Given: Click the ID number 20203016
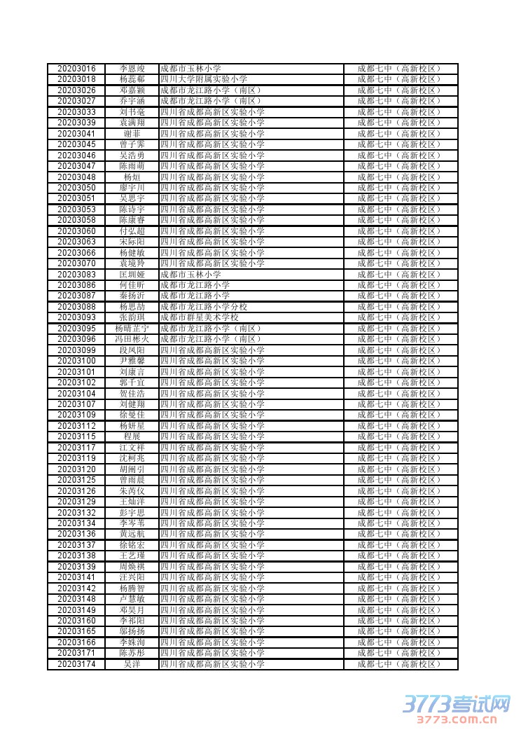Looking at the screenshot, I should (76, 69).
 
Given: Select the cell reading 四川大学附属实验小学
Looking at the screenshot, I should (204, 79).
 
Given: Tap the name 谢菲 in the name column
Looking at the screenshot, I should (132, 134).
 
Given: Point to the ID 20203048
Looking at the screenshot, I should (76, 177).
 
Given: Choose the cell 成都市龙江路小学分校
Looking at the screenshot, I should (204, 307).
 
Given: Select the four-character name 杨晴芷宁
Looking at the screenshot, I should (132, 329).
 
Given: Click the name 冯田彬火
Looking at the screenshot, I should (132, 339).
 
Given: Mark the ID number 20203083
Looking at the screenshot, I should (76, 275).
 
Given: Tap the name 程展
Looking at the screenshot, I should (132, 436).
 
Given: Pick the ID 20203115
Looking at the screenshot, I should (76, 436).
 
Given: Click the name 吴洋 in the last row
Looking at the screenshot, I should (132, 664).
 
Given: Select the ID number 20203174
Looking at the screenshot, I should (76, 664).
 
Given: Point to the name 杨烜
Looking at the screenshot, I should (132, 177).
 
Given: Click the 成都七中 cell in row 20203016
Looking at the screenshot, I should (399, 69).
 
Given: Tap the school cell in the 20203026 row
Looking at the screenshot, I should (210, 90).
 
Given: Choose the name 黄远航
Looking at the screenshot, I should (132, 534).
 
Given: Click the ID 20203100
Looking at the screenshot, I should (76, 361).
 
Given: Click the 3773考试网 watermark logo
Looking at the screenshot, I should (456, 703).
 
